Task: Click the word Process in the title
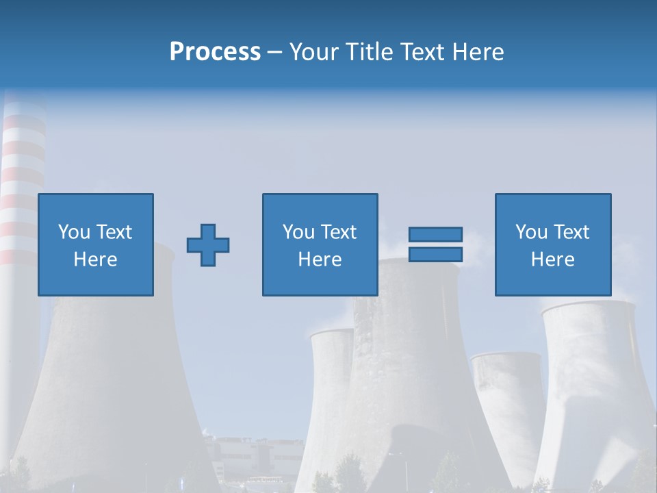[x=215, y=52]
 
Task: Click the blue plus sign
[x=208, y=245]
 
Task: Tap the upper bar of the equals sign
[x=435, y=234]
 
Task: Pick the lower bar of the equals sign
[x=435, y=255]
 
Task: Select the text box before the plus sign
[x=96, y=205]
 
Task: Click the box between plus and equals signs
[x=320, y=205]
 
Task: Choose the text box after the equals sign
[x=553, y=205]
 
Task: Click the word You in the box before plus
[x=74, y=232]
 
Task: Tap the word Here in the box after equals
[x=553, y=260]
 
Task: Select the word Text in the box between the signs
[x=339, y=232]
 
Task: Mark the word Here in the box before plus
[x=96, y=260]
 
